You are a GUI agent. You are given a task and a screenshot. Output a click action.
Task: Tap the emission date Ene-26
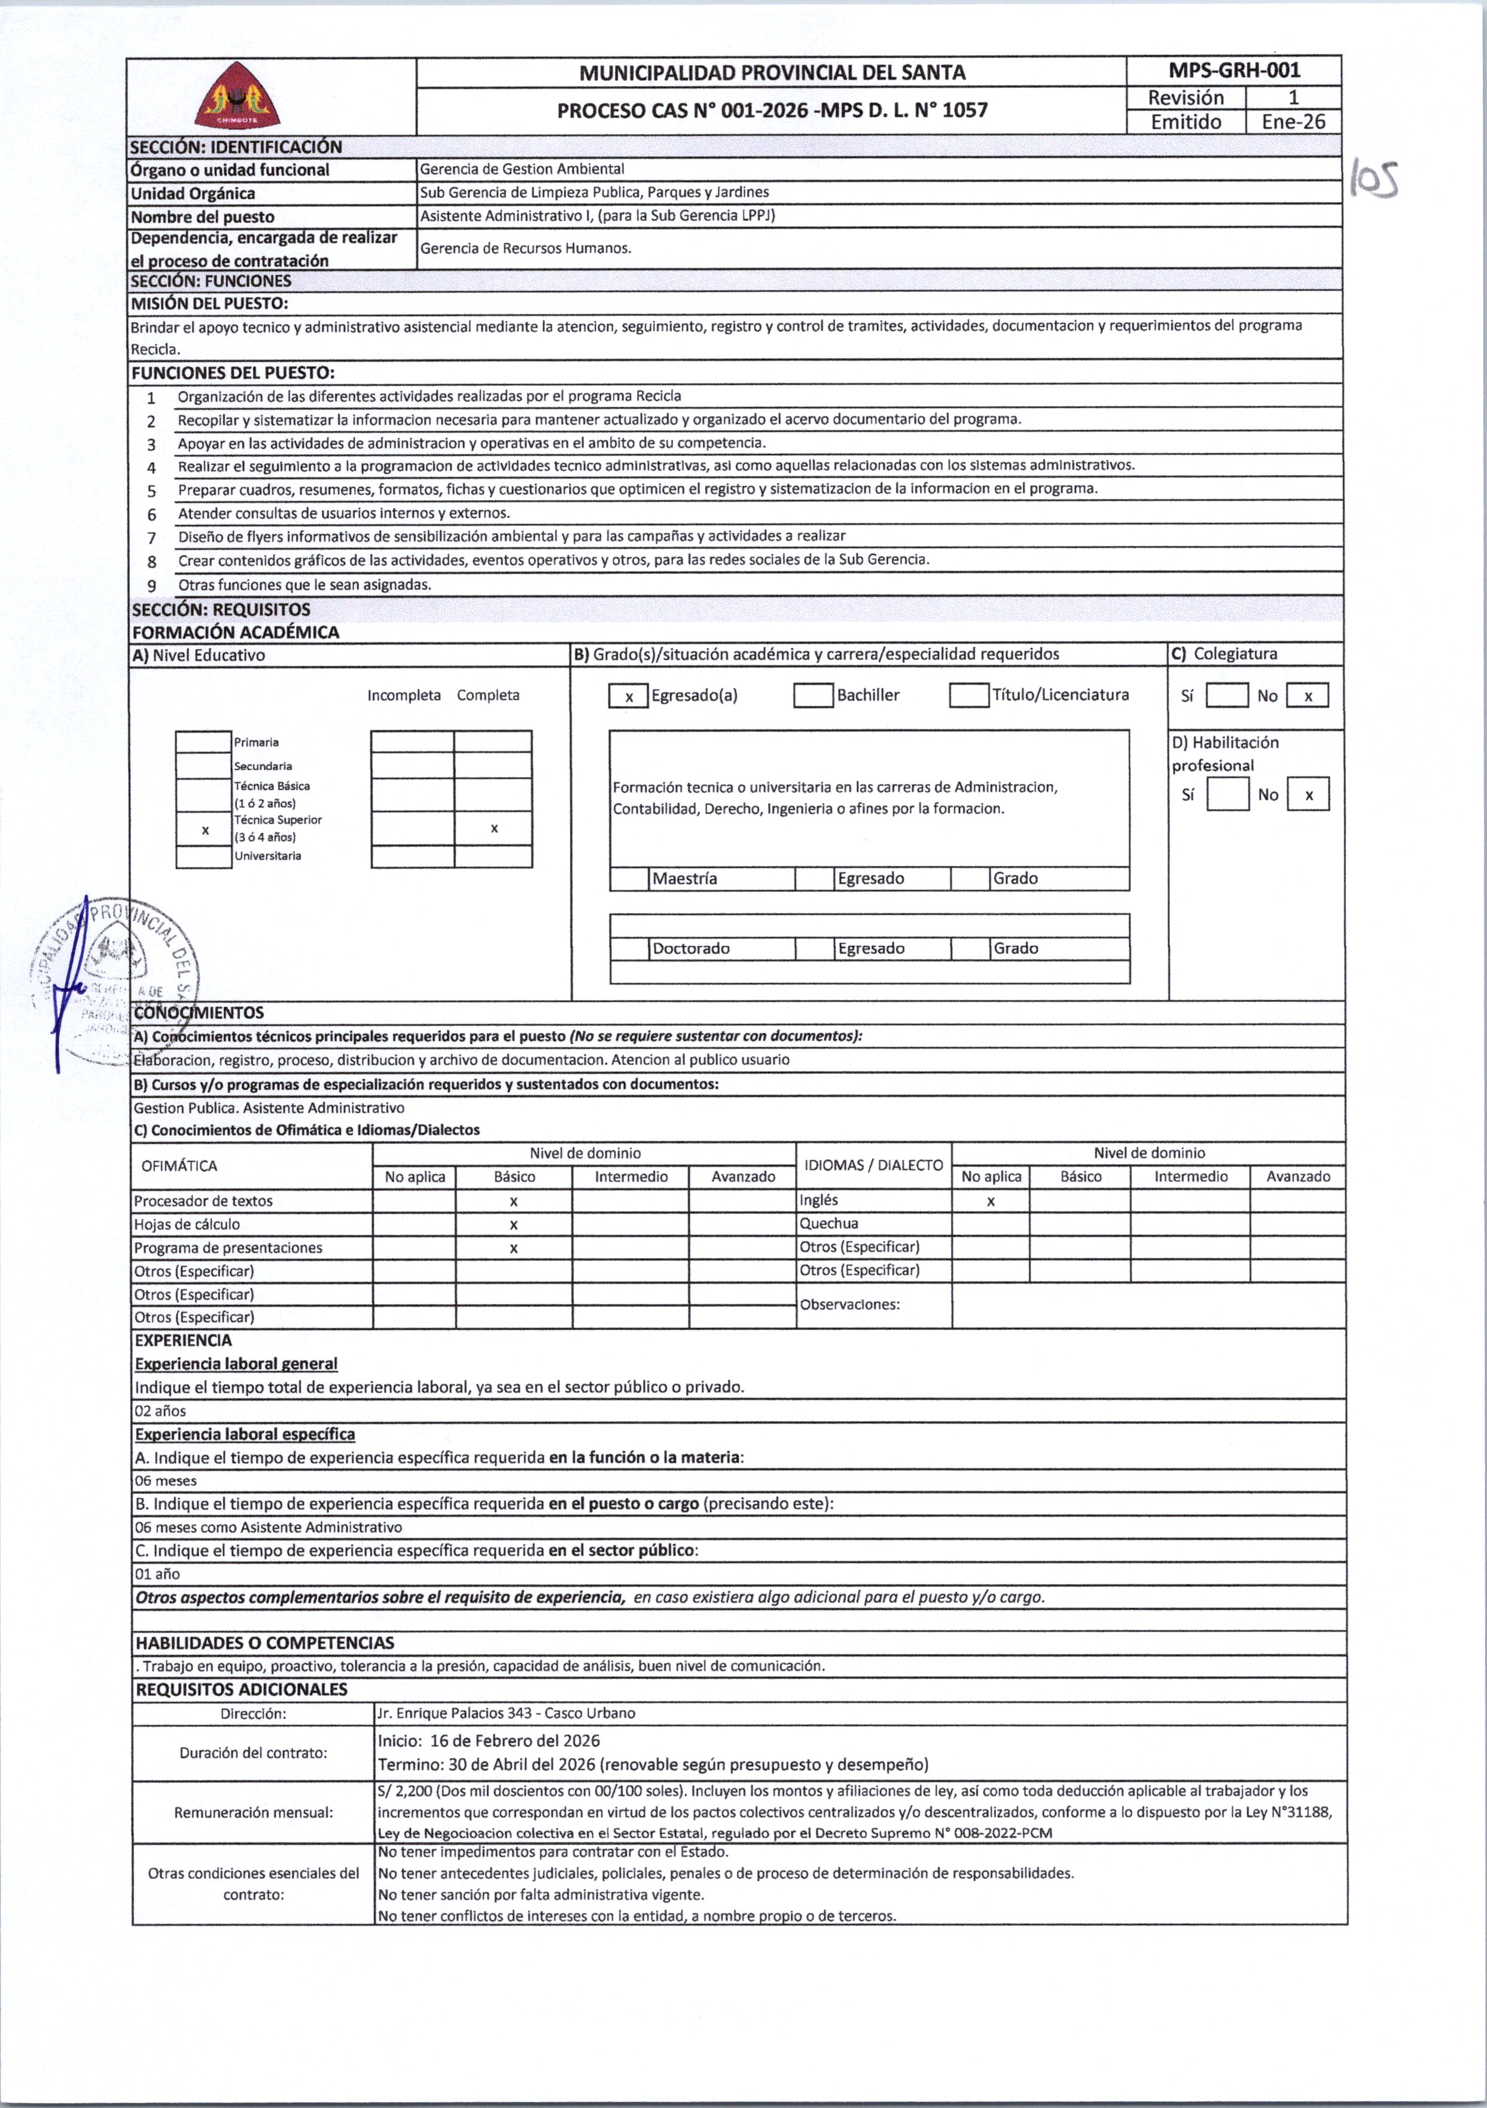[x=1293, y=121]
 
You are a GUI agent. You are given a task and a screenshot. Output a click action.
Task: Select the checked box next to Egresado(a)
[x=629, y=696]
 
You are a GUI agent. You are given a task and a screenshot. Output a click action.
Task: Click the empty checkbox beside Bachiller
[x=813, y=696]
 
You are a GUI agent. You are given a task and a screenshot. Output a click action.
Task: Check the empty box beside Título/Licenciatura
[x=970, y=696]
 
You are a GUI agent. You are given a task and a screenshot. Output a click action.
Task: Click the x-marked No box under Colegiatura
[x=1307, y=696]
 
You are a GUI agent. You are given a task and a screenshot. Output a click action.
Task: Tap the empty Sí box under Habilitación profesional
[x=1227, y=794]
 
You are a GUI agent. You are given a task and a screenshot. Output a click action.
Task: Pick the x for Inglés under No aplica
[x=991, y=1201]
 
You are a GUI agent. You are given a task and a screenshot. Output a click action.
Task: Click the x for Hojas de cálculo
[x=514, y=1224]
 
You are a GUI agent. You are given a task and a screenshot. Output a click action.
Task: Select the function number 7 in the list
[x=151, y=537]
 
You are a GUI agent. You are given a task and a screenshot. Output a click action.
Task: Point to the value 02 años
[x=161, y=1411]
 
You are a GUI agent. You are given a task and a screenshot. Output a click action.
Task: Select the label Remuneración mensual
[x=254, y=1812]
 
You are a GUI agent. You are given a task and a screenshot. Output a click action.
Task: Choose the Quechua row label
[x=829, y=1224]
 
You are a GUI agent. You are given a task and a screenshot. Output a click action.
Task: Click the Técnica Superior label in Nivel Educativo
[x=277, y=820]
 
